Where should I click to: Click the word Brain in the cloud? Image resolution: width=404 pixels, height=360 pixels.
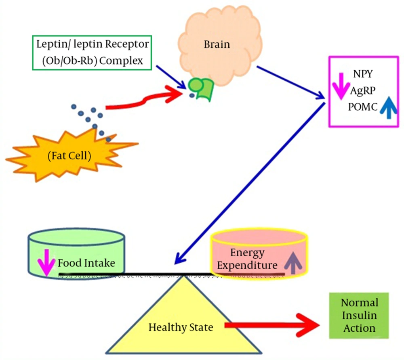pyautogui.click(x=217, y=44)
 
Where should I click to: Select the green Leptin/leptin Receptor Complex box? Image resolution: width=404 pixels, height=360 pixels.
pyautogui.click(x=92, y=53)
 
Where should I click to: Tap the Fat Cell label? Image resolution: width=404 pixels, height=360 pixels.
pyautogui.click(x=69, y=156)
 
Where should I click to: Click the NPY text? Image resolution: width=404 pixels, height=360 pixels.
pyautogui.click(x=363, y=74)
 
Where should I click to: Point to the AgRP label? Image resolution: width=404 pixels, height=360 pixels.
pyautogui.click(x=363, y=90)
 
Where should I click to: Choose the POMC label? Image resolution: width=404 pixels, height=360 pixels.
pyautogui.click(x=363, y=107)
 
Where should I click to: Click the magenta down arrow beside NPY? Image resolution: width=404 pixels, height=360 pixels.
pyautogui.click(x=341, y=86)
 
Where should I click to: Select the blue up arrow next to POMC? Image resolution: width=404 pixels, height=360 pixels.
pyautogui.click(x=389, y=108)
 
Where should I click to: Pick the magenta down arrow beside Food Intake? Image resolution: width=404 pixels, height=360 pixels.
pyautogui.click(x=46, y=262)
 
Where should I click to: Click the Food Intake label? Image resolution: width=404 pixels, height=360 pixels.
pyautogui.click(x=86, y=263)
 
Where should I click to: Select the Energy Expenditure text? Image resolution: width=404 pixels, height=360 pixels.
pyautogui.click(x=247, y=259)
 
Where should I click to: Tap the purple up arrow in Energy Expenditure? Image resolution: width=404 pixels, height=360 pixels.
pyautogui.click(x=293, y=262)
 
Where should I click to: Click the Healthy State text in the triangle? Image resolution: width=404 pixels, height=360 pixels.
pyautogui.click(x=181, y=327)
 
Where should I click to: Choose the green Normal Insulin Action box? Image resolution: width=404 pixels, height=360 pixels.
pyautogui.click(x=359, y=316)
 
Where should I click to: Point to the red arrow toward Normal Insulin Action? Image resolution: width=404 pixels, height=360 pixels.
pyautogui.click(x=272, y=325)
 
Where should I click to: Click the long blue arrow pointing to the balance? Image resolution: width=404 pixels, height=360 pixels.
pyautogui.click(x=250, y=184)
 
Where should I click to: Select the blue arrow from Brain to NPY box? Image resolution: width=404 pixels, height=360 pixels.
pyautogui.click(x=291, y=83)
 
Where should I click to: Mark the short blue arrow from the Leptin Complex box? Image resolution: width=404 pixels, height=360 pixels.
pyautogui.click(x=171, y=77)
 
